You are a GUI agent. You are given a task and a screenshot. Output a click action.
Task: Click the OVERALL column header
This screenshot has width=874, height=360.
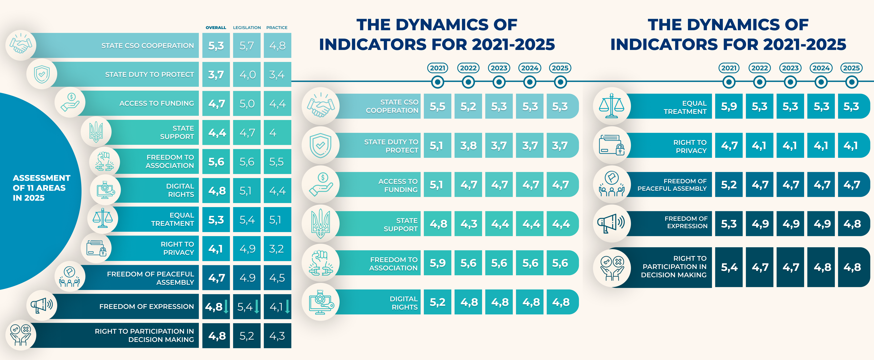pyautogui.click(x=216, y=28)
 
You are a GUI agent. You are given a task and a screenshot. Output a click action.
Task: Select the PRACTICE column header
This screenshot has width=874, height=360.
pyautogui.click(x=277, y=28)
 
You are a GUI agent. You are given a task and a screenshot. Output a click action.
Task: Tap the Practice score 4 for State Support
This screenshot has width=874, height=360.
pyautogui.click(x=273, y=133)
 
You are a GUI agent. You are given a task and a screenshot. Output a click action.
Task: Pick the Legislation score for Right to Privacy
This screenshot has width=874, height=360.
pyautogui.click(x=247, y=249)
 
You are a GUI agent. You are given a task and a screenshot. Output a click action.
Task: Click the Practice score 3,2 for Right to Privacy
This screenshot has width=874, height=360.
pyautogui.click(x=276, y=249)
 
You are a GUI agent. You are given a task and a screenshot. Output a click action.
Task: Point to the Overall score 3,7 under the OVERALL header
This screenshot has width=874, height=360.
pyautogui.click(x=216, y=75)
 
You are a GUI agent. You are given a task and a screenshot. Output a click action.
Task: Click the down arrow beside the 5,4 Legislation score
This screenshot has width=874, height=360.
pyautogui.click(x=257, y=306)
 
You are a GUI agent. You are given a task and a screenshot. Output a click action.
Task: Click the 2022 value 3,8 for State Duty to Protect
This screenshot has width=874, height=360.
pyautogui.click(x=468, y=145)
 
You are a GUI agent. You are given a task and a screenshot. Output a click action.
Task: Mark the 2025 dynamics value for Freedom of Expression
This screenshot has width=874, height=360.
pyautogui.click(x=852, y=224)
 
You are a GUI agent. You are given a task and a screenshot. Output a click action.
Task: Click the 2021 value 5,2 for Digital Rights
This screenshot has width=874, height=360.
pyautogui.click(x=437, y=302)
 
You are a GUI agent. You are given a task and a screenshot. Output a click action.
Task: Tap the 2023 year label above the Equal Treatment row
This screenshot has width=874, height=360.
pyautogui.click(x=790, y=68)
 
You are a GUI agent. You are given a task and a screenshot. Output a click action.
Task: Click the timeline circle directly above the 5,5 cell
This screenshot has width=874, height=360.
pyautogui.click(x=437, y=82)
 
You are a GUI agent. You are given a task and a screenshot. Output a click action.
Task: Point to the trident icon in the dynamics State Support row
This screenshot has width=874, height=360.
pyautogui.click(x=320, y=224)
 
